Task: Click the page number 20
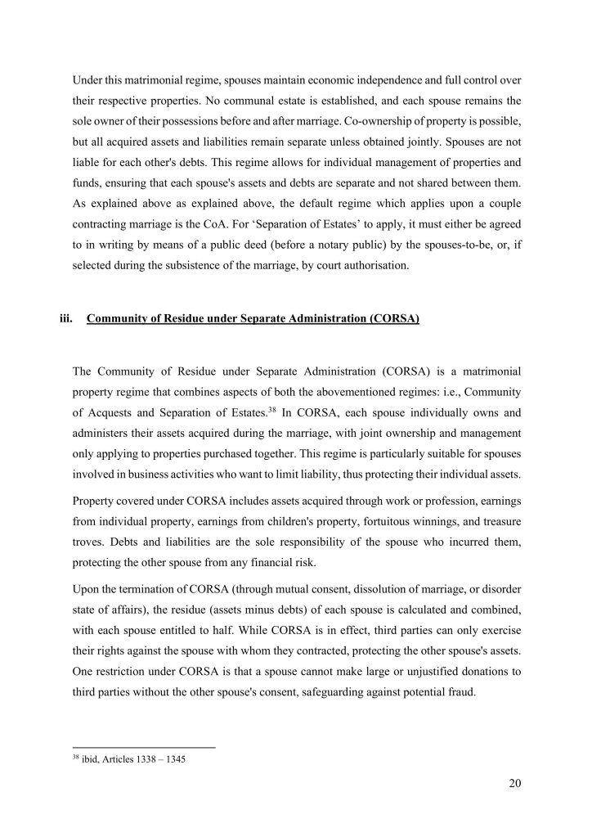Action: point(514,784)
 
